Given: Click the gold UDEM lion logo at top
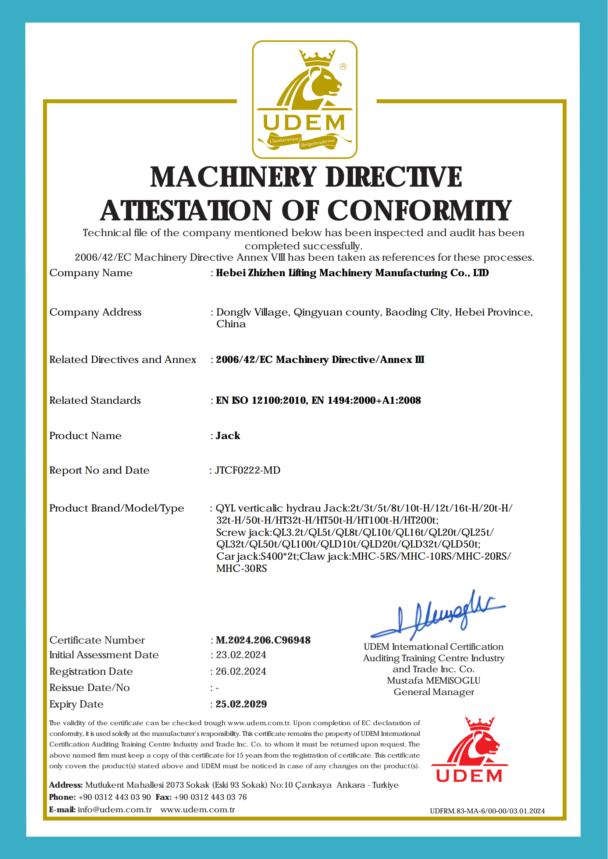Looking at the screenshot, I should (x=305, y=99).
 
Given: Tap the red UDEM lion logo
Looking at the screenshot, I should (x=469, y=750).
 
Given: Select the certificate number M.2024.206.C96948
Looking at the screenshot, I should (x=263, y=640).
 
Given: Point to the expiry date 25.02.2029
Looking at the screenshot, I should (x=241, y=704).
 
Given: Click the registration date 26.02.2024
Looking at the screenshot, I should (x=241, y=671).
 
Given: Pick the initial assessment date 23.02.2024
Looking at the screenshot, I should (x=241, y=655).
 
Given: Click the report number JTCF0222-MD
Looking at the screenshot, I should (x=248, y=470).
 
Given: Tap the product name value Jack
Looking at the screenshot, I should (x=228, y=436).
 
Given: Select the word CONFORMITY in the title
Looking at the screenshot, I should (x=419, y=210).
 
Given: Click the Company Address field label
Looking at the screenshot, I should (x=96, y=312).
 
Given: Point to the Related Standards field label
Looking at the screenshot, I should (x=95, y=400).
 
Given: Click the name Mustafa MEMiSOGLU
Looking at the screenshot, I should (x=434, y=680).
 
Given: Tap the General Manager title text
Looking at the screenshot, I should (x=434, y=692).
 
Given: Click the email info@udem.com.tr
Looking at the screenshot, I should (x=114, y=810).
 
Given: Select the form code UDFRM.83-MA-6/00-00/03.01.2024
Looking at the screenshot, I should (x=487, y=811).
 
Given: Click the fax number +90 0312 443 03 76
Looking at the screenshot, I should (x=210, y=797).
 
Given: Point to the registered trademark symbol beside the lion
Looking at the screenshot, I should (x=343, y=67).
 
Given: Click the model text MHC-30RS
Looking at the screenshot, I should (x=242, y=568).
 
